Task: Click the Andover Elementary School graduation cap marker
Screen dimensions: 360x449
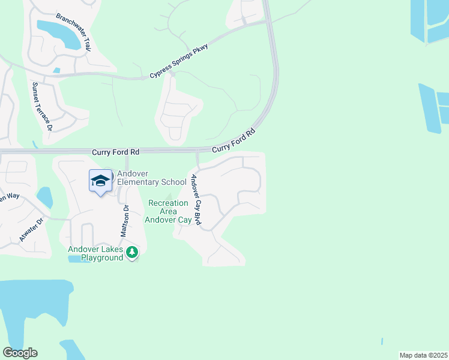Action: pyautogui.click(x=101, y=180)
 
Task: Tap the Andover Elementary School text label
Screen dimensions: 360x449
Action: pyautogui.click(x=151, y=178)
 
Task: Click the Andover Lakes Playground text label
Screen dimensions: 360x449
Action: pyautogui.click(x=96, y=254)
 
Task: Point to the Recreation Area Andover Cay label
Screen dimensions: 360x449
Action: pyautogui.click(x=168, y=212)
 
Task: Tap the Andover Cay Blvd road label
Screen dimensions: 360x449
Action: pyautogui.click(x=196, y=200)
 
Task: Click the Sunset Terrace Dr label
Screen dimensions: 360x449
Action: pyautogui.click(x=43, y=107)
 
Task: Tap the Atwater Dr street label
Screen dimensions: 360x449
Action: pyautogui.click(x=31, y=229)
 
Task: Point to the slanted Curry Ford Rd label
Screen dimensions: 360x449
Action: pyautogui.click(x=234, y=140)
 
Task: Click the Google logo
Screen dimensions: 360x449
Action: pyautogui.click(x=20, y=353)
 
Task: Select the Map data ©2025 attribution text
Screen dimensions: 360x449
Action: pyautogui.click(x=423, y=355)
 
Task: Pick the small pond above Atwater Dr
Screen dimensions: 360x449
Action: pyautogui.click(x=44, y=196)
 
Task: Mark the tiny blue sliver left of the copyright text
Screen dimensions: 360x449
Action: pyautogui.click(x=382, y=341)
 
